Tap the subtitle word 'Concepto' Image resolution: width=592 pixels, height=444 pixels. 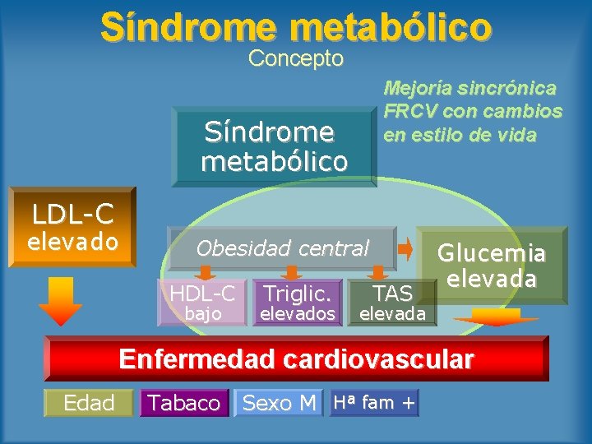tap(296, 59)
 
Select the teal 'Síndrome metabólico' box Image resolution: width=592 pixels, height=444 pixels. tap(274, 146)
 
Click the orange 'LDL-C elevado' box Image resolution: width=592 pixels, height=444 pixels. tap(71, 228)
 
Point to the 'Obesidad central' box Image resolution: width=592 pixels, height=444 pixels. tap(282, 248)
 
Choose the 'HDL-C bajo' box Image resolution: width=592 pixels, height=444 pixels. tap(202, 302)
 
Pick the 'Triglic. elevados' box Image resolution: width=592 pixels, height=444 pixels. tap(297, 302)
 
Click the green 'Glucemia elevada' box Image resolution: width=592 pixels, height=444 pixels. tap(492, 265)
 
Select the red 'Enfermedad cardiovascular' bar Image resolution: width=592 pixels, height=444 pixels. tap(296, 359)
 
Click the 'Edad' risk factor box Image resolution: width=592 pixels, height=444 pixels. tap(88, 402)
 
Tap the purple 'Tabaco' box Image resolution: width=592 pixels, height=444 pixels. tap(183, 403)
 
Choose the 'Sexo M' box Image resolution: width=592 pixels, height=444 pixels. tap(279, 403)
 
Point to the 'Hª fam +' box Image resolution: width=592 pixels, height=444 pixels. tap(374, 402)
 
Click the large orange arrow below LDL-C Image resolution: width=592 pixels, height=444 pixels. tap(60, 301)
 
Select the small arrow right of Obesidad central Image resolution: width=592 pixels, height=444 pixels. tap(406, 247)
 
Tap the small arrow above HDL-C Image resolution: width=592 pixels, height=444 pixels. tap(206, 272)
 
